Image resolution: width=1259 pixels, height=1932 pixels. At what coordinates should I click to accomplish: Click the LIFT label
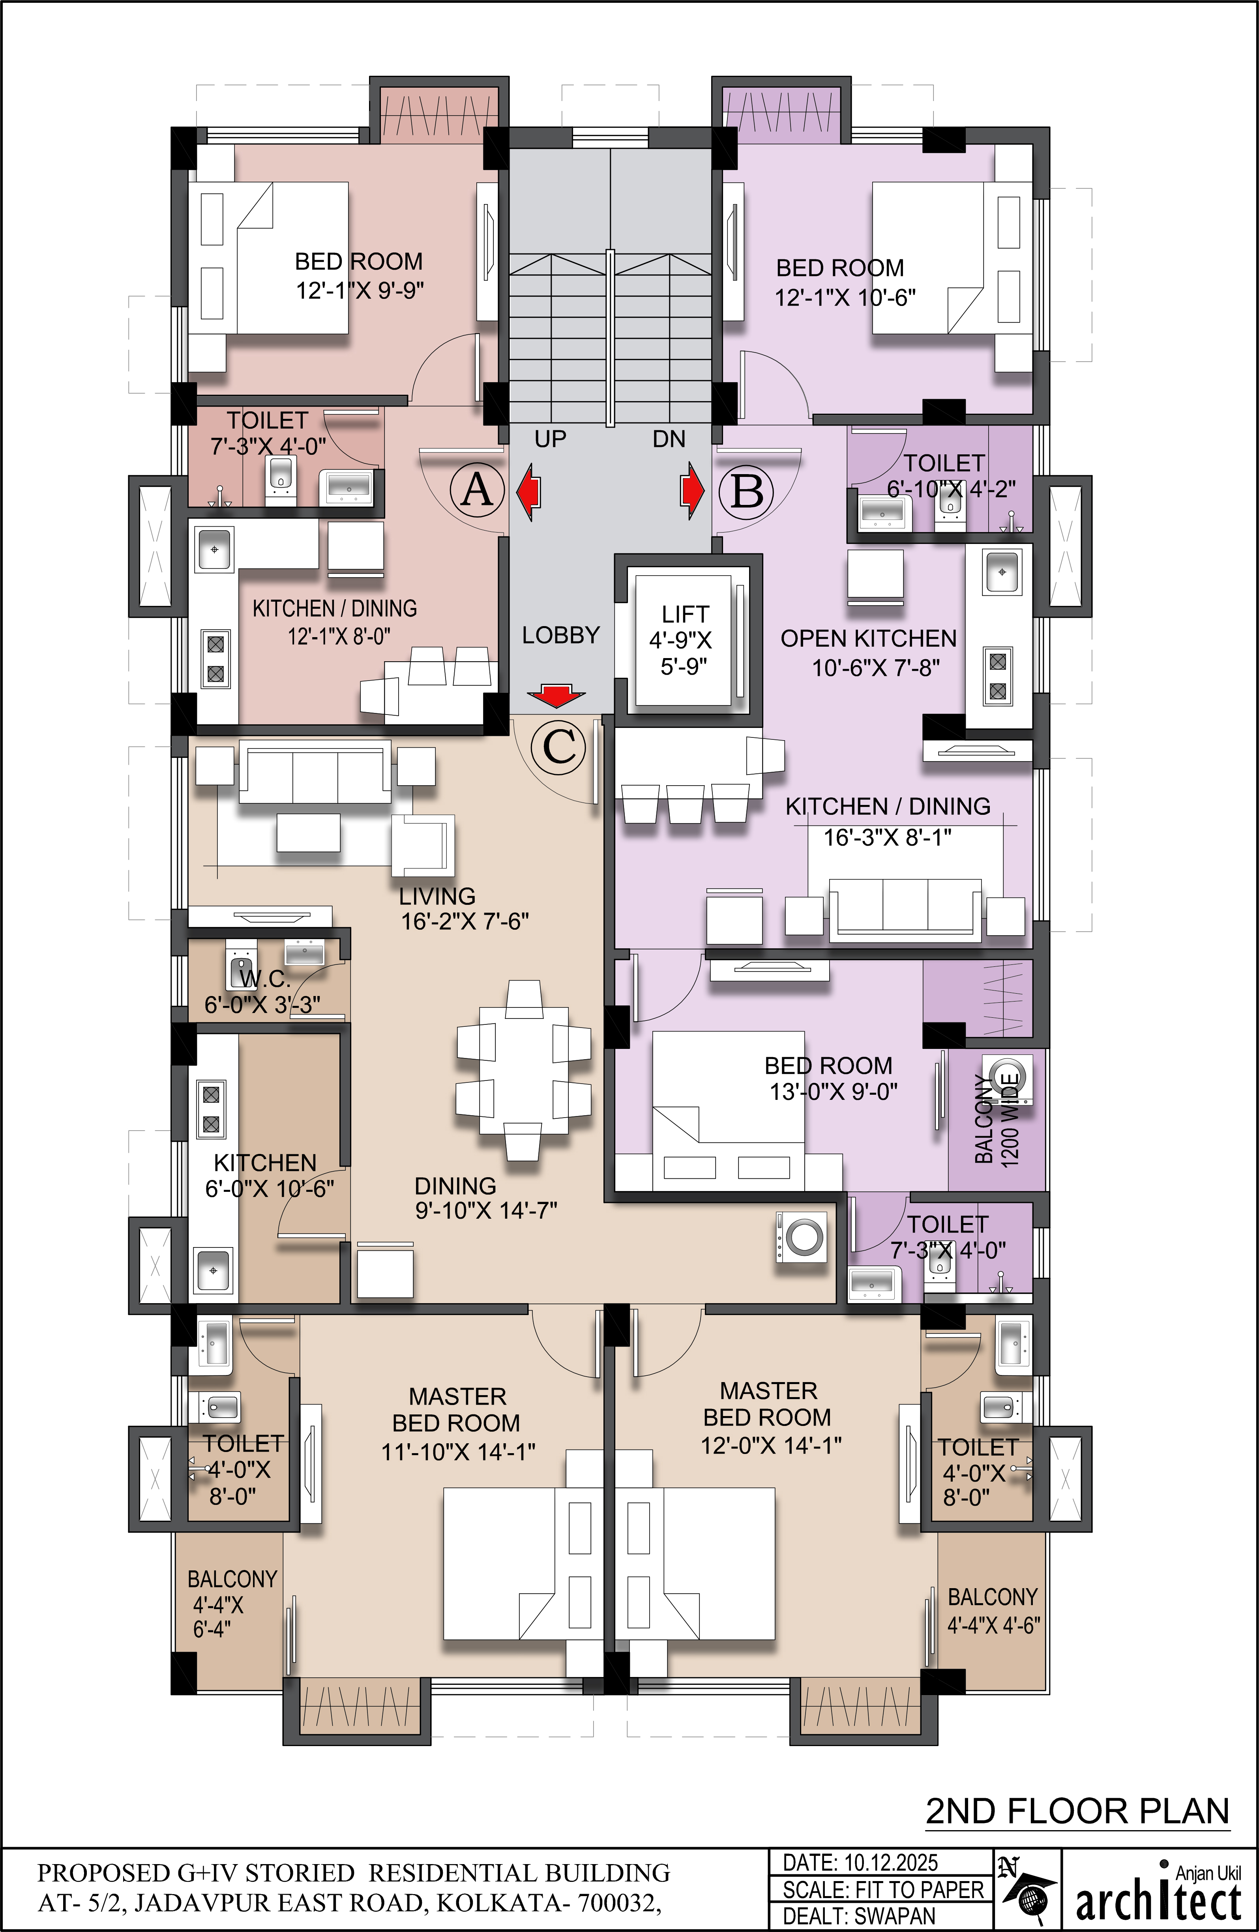click(x=685, y=615)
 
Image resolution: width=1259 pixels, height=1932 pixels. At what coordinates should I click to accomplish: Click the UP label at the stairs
click(x=550, y=439)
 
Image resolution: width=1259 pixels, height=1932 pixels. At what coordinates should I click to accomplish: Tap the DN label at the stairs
click(x=669, y=439)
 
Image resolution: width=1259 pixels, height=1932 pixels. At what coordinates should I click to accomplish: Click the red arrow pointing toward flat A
click(x=528, y=491)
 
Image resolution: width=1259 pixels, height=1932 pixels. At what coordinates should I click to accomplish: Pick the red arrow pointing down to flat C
click(x=556, y=695)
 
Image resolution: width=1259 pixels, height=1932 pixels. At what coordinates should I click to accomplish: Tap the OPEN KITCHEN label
click(x=869, y=639)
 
